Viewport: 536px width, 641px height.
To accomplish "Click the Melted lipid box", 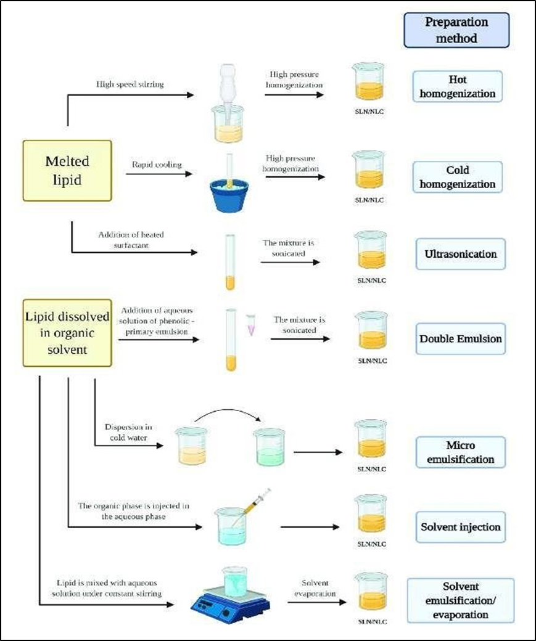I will [67, 170].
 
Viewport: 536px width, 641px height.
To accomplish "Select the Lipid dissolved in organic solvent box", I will [67, 332].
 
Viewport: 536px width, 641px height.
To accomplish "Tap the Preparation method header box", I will [456, 30].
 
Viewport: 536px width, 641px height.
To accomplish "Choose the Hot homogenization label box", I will [457, 87].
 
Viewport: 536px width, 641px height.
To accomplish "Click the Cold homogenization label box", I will [457, 177].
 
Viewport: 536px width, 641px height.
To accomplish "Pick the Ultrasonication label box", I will [460, 254].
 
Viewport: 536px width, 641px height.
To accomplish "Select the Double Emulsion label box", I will [460, 338].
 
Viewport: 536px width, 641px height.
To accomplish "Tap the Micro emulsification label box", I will [460, 452].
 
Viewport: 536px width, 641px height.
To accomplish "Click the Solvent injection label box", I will [460, 527].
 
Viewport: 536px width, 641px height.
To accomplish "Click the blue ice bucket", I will [229, 195].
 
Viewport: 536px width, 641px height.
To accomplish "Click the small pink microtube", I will [250, 324].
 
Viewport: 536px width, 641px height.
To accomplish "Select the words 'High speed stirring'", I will [130, 84].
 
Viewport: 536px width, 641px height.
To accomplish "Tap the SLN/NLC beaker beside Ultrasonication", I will [371, 251].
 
